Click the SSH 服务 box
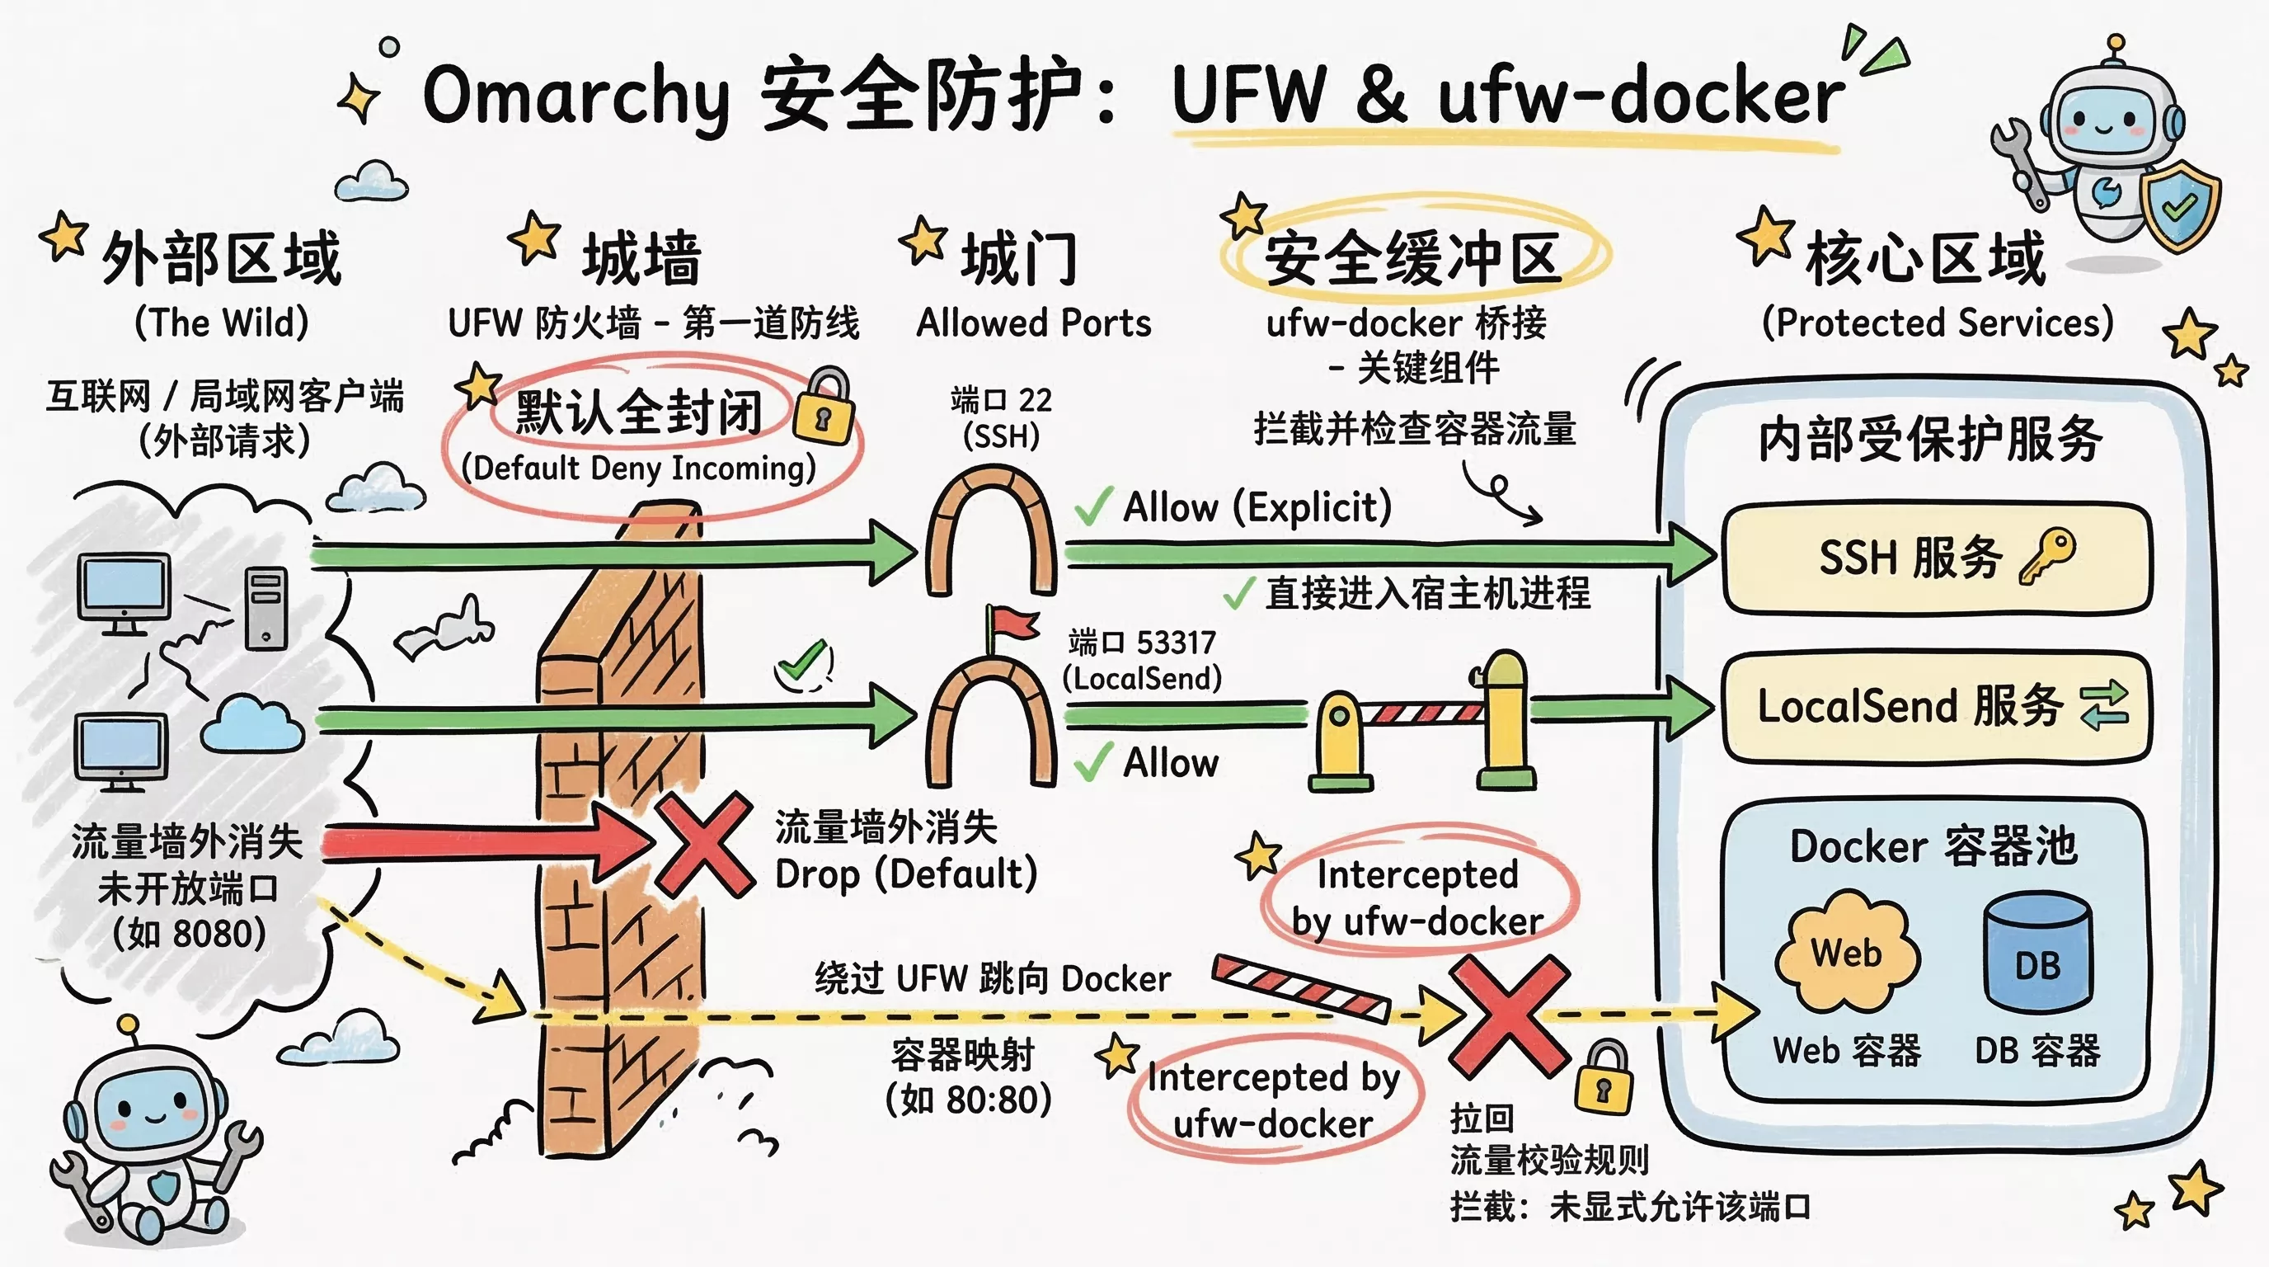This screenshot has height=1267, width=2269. click(1936, 558)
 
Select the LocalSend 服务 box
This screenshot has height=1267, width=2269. click(1936, 707)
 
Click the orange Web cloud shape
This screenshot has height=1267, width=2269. click(1846, 954)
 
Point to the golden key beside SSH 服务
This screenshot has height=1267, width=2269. click(2047, 555)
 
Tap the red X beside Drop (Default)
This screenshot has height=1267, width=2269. click(702, 843)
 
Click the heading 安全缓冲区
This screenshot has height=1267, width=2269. click(1413, 258)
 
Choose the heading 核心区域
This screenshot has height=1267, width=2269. click(1924, 258)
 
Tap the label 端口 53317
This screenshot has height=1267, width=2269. click(1142, 643)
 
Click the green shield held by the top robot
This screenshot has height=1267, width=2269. click(2179, 207)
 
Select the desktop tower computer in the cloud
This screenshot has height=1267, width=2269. click(266, 608)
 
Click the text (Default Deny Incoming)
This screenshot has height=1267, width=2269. click(640, 468)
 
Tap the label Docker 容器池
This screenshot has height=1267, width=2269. click(1933, 846)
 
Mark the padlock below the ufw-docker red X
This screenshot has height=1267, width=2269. click(1603, 1078)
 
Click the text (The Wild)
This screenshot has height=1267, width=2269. click(221, 323)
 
